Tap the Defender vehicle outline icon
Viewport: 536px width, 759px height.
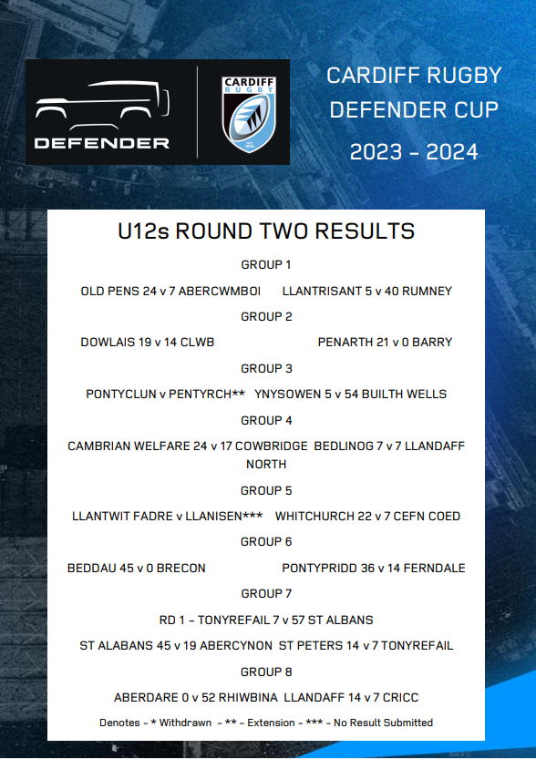coord(102,100)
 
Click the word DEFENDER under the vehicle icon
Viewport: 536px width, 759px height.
coord(102,143)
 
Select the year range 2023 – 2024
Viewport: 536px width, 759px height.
coord(414,152)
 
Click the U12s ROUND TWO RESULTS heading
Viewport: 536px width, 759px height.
coord(266,231)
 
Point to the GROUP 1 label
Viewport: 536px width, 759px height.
coord(266,265)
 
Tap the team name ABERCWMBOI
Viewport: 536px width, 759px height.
coord(220,292)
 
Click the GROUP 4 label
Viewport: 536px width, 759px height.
coord(266,421)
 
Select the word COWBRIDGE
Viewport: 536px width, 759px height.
coord(274,446)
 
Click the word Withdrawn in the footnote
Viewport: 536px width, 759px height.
coord(186,723)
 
